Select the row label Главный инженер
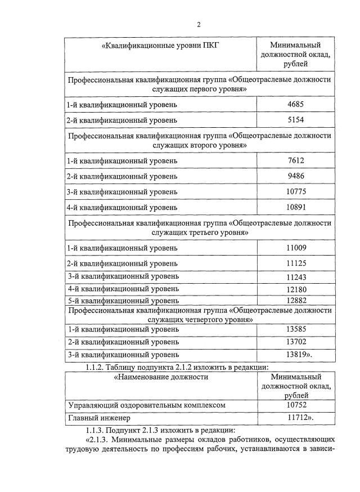click(98, 418)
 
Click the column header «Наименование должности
click(161, 377)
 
